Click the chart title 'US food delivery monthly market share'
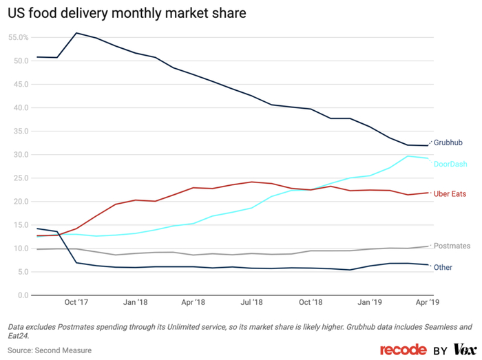pos(127,13)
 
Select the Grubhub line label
pos(448,143)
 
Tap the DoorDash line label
pos(450,164)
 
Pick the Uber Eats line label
pos(450,194)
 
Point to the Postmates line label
pos(452,246)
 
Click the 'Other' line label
pos(443,267)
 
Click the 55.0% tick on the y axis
pos(18,37)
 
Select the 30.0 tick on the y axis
pos(21,155)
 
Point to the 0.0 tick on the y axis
pos(23,296)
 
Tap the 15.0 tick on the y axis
pos(21,225)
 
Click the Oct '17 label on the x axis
pos(76,302)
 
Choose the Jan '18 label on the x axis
pos(135,302)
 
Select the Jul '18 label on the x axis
pos(252,302)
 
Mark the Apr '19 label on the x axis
pos(428,302)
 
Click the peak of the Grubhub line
pos(76,33)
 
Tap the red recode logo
pos(403,350)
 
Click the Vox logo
pos(465,350)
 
